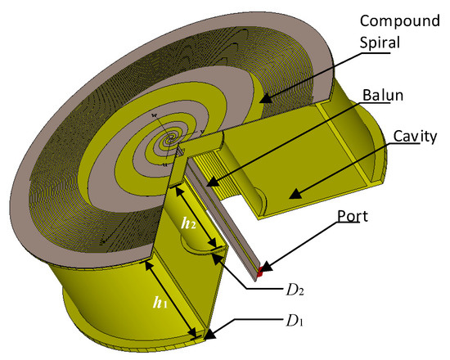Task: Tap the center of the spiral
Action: tap(171, 140)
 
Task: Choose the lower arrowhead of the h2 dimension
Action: tap(214, 245)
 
